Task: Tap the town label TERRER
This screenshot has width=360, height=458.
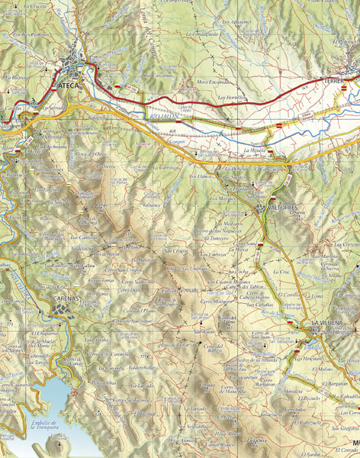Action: pyautogui.click(x=334, y=79)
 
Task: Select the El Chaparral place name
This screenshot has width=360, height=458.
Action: pyautogui.click(x=45, y=333)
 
